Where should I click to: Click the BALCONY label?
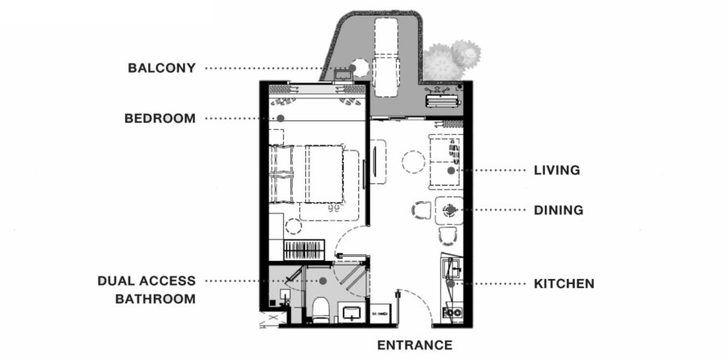coord(162,68)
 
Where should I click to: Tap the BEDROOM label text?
coord(160,119)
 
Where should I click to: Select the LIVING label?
coord(557,170)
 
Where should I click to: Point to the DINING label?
coord(559,210)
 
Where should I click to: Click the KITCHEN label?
coord(564,283)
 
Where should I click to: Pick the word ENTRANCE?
coord(415,345)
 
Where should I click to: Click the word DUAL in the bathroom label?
coord(115,281)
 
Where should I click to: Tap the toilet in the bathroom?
coord(321,309)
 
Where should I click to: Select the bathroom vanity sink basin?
coord(352,313)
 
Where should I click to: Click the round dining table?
coord(449,210)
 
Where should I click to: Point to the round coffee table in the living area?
coord(413,162)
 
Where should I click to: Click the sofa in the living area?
coord(446,162)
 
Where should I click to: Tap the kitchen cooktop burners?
coord(452,313)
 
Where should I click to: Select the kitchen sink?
coord(451,268)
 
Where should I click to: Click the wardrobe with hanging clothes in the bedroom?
coord(303,250)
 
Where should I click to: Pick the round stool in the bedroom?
coord(294,226)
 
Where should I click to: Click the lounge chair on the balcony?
coord(386,57)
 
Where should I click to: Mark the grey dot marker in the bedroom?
coord(281,119)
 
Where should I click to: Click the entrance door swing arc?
coord(420,299)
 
